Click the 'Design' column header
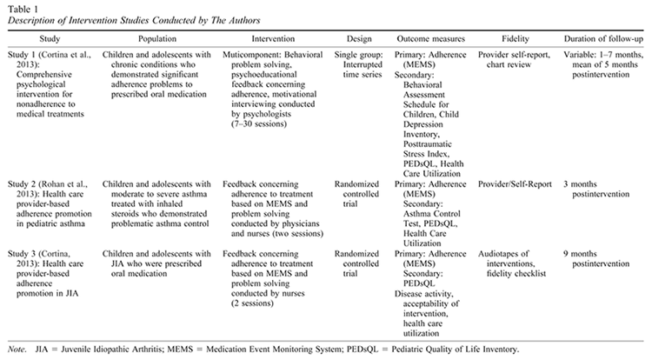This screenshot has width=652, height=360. click(350, 41)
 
